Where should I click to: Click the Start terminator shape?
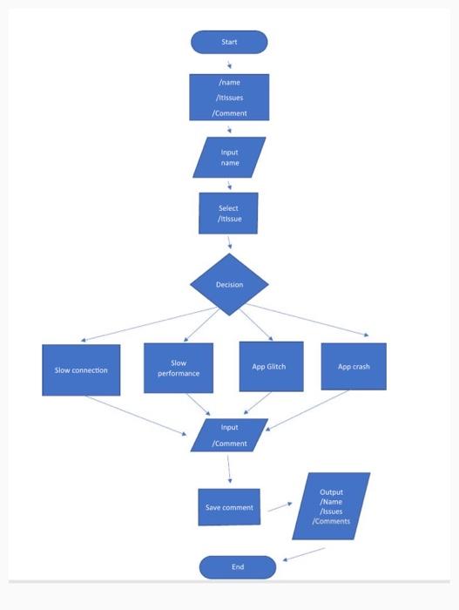229,42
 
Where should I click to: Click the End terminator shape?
237,567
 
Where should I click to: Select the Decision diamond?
230,285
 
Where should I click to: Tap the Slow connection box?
81,370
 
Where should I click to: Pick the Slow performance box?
179,368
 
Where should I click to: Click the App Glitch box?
270,367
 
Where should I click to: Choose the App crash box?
354,367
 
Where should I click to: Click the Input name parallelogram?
229,158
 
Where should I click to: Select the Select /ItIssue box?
228,213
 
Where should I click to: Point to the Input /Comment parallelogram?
229,436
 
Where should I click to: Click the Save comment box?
229,507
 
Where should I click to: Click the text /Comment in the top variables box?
229,113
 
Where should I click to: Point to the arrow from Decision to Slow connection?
148,324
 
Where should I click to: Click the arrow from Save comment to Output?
280,505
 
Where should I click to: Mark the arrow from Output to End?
305,553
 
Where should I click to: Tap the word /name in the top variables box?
229,82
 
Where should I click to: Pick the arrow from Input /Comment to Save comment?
229,469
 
